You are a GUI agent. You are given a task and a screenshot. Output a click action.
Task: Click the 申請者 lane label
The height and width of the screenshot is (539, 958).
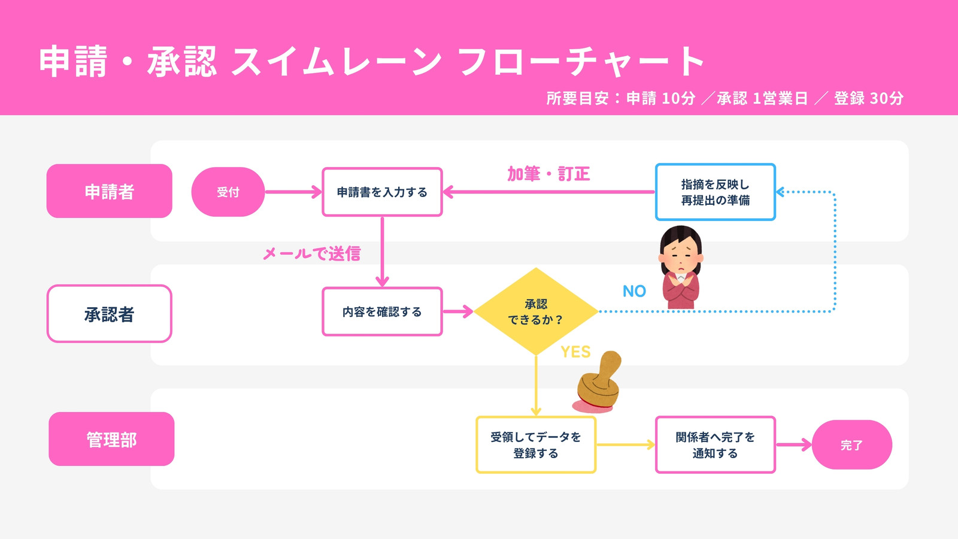[x=110, y=191]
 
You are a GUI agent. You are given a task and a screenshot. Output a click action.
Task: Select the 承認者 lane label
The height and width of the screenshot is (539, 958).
[x=110, y=314]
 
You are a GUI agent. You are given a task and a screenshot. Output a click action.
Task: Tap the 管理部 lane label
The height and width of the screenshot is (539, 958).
[x=111, y=439]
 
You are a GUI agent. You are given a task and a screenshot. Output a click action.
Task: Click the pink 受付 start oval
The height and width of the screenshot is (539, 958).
[x=228, y=192]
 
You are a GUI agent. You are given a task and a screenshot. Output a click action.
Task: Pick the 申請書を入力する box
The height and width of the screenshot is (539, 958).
[x=382, y=192]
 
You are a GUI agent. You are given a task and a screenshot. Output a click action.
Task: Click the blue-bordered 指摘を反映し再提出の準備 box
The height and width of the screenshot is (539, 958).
[x=715, y=192]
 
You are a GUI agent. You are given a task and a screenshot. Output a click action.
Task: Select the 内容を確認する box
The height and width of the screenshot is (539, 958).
[x=382, y=311]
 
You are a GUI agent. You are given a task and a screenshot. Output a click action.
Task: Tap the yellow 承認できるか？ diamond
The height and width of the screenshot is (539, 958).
[x=536, y=311]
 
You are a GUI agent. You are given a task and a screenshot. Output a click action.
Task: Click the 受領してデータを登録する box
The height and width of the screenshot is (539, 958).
[x=536, y=445]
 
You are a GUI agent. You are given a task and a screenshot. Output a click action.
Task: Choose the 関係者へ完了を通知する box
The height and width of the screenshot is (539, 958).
[x=715, y=445]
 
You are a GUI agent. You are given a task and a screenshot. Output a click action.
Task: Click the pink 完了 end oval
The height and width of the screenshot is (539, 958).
[x=851, y=445]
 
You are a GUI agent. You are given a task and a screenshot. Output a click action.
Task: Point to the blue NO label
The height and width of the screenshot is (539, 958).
[x=634, y=291]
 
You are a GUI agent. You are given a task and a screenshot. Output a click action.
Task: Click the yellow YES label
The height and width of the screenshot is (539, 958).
[x=575, y=352]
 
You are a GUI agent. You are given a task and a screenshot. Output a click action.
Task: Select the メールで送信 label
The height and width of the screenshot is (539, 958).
[x=312, y=254]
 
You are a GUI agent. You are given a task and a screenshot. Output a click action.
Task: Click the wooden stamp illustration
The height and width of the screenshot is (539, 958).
[x=598, y=382]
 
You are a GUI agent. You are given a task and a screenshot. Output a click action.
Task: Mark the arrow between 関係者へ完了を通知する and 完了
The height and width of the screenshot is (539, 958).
[x=794, y=445]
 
